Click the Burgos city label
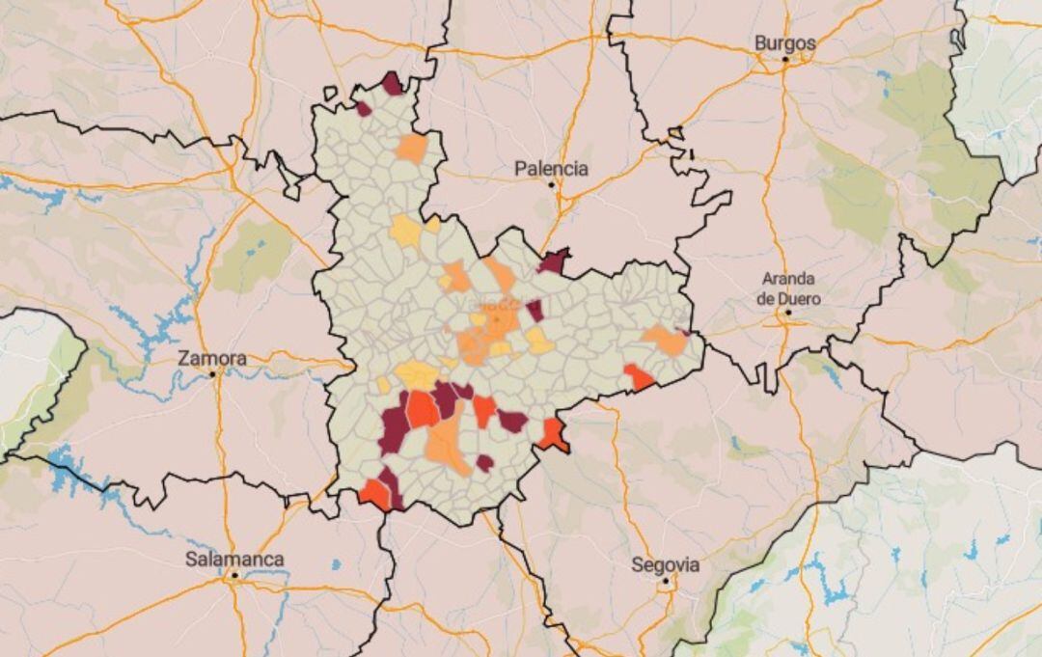click(784, 43)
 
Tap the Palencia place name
click(551, 169)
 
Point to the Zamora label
click(212, 358)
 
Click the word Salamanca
click(234, 560)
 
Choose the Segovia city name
click(666, 565)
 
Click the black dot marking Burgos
click(785, 60)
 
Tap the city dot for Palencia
click(552, 185)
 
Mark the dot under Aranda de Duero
click(788, 313)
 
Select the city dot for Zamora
click(213, 373)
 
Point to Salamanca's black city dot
click(234, 576)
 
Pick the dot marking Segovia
click(665, 581)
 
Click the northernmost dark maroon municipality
click(392, 84)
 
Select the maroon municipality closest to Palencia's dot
click(553, 260)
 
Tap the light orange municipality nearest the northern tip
click(411, 148)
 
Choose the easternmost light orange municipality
click(665, 340)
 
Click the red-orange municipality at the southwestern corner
click(374, 495)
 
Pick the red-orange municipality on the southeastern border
click(554, 435)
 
